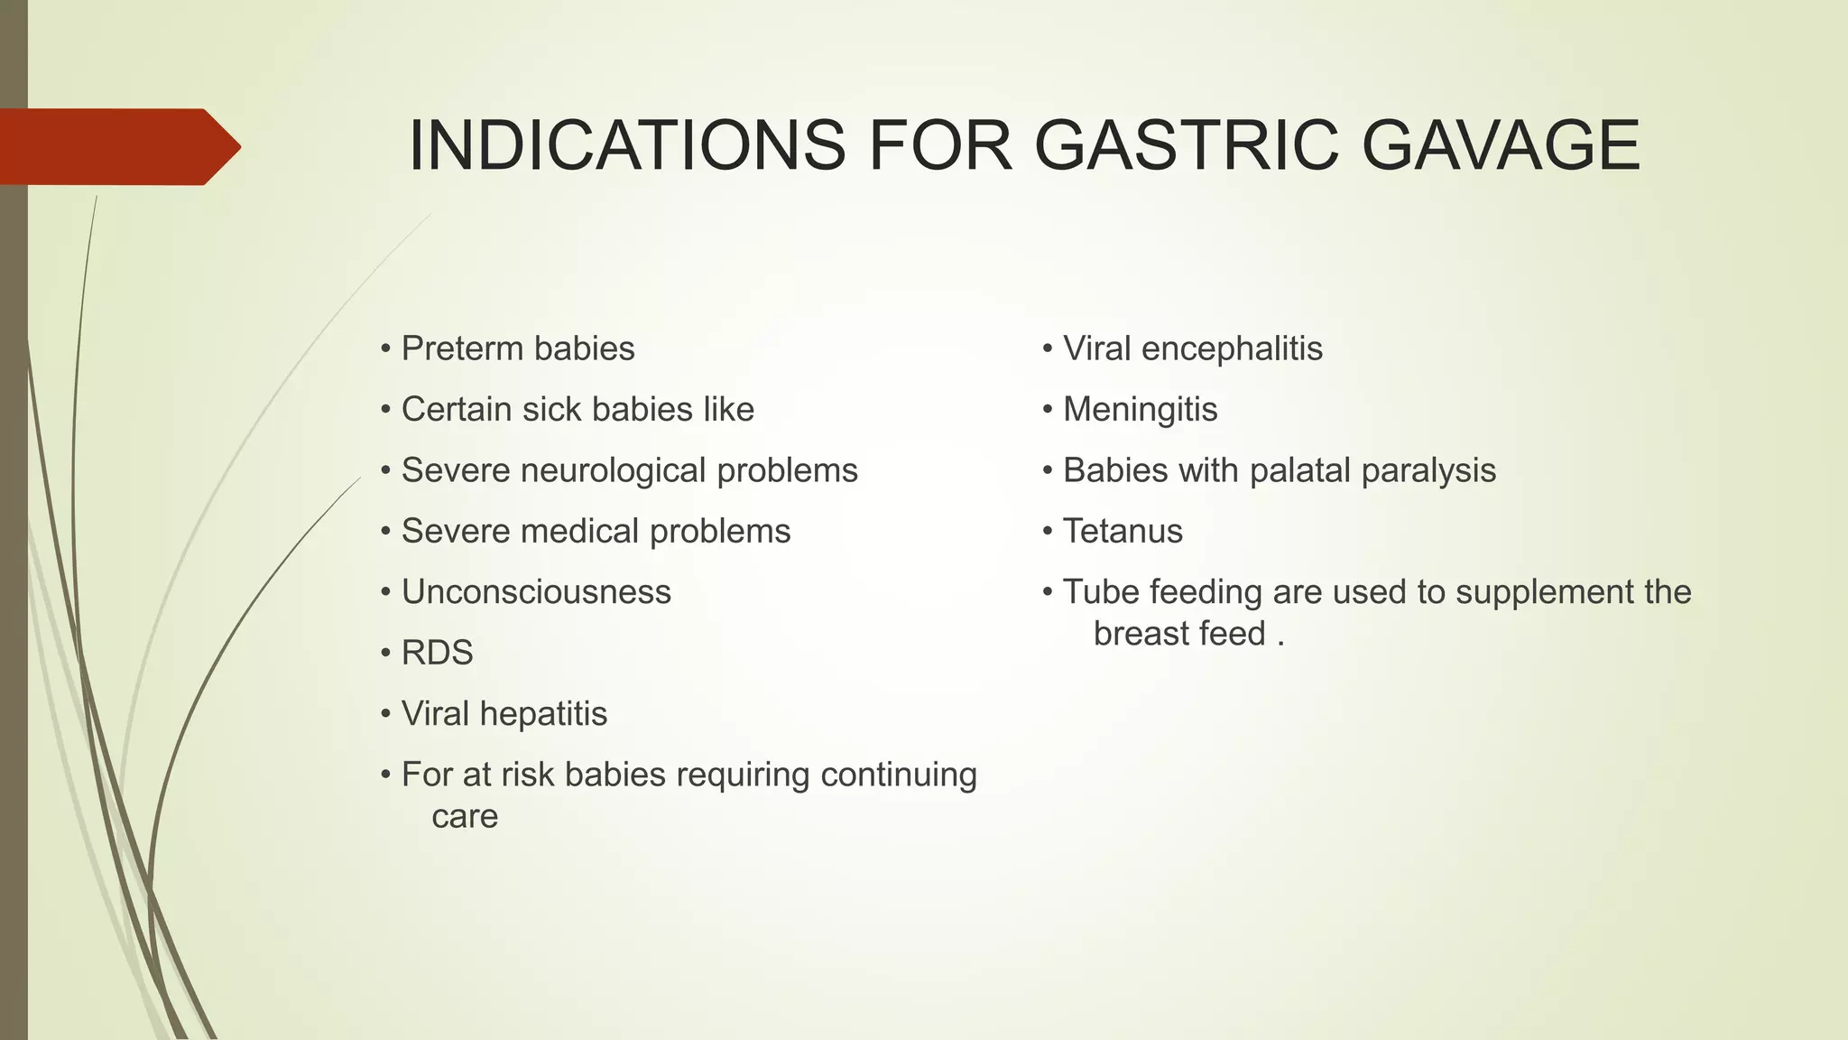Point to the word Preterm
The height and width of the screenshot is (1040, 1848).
[x=461, y=349]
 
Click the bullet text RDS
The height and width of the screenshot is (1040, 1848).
[x=437, y=653]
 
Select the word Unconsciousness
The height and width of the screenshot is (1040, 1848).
[x=536, y=592]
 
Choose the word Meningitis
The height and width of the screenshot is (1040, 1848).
[x=1140, y=410]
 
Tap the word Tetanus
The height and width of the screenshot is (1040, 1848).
[x=1123, y=532]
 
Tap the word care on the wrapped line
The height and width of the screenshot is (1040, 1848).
[x=465, y=817]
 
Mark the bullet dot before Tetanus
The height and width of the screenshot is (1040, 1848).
[x=1048, y=532]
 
